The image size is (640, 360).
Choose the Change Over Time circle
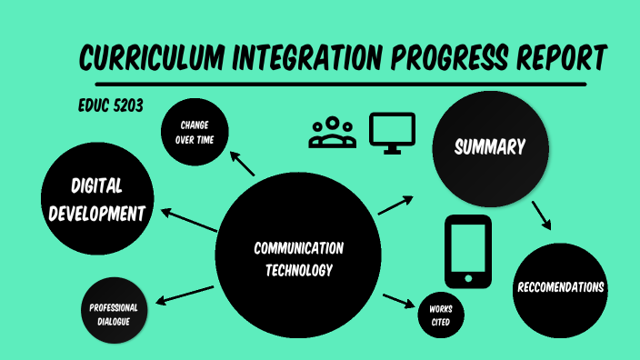pos(195,132)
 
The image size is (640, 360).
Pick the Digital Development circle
pos(96,200)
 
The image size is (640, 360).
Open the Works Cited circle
pos(441,315)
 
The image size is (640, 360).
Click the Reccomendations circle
pos(560,288)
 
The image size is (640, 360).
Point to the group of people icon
pos(333,133)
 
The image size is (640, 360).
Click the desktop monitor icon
pos(392,132)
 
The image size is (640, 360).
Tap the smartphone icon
pos(468,252)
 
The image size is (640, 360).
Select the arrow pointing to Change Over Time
pos(242,164)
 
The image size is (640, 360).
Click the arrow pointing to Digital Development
pos(189,220)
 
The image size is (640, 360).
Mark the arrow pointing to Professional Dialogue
pos(187,295)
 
